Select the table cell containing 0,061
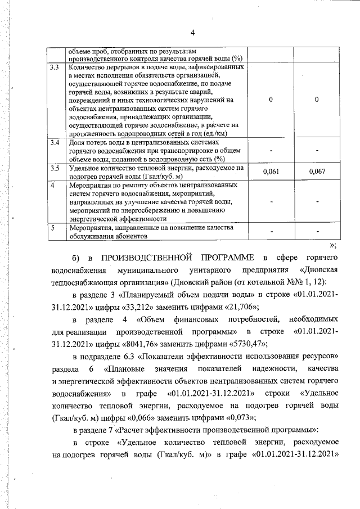(271, 171)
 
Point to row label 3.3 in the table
(55, 67)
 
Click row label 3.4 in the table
(55, 143)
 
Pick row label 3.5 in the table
(55, 168)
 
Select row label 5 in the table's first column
(52, 228)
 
